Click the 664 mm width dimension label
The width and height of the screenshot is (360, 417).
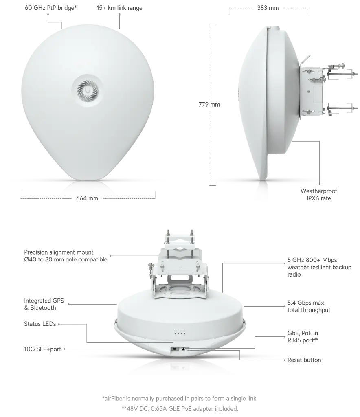pos(87,199)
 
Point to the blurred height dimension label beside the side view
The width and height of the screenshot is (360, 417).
pos(210,104)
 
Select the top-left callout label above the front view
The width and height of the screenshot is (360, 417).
pos(50,7)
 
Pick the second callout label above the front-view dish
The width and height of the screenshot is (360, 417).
pos(119,7)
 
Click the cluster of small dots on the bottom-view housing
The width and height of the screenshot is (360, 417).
pos(180,332)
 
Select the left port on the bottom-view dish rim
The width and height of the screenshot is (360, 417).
pos(174,349)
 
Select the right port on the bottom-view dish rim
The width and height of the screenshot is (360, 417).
pos(184,349)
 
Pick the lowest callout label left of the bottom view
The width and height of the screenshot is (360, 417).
pos(42,349)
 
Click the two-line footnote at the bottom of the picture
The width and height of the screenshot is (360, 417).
pos(179,402)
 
